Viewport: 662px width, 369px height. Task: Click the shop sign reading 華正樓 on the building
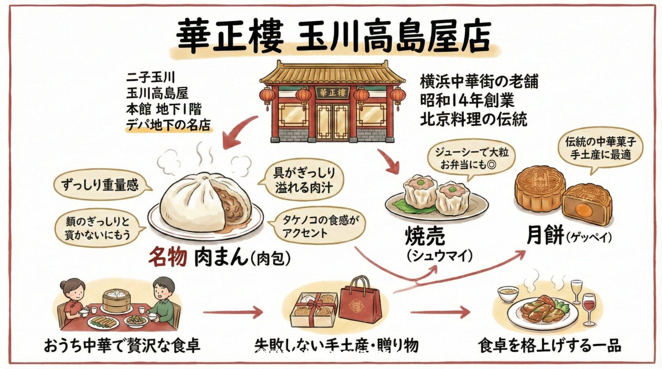(332, 93)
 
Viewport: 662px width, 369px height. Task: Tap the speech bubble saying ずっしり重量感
(100, 186)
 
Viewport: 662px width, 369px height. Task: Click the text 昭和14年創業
(467, 101)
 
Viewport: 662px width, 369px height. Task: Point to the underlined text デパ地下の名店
(168, 125)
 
